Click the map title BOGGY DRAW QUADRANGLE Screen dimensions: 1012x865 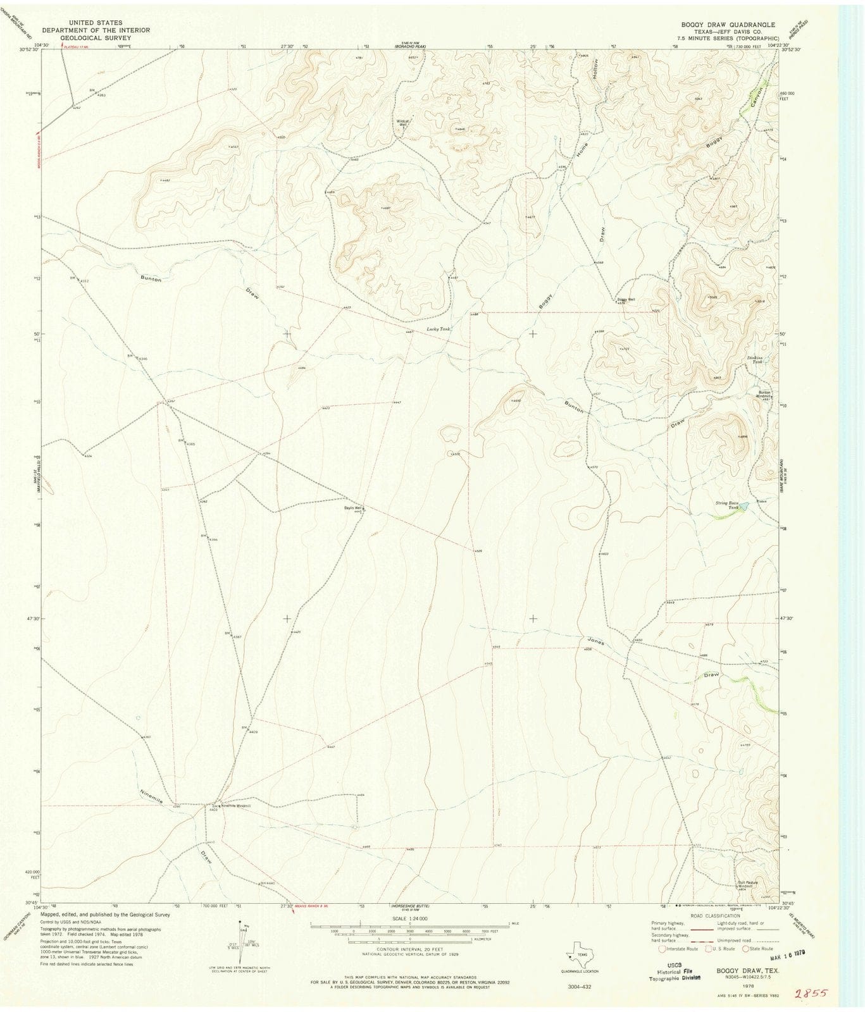(x=728, y=24)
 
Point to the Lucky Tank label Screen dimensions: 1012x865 (x=437, y=329)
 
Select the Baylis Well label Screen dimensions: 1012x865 (x=353, y=508)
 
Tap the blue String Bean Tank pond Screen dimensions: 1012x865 (x=744, y=506)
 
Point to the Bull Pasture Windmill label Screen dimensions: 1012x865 (x=747, y=884)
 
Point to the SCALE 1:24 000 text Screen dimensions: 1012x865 (x=409, y=918)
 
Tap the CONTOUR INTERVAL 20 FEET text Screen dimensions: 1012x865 (x=410, y=956)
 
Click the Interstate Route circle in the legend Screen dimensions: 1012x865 (x=662, y=948)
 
